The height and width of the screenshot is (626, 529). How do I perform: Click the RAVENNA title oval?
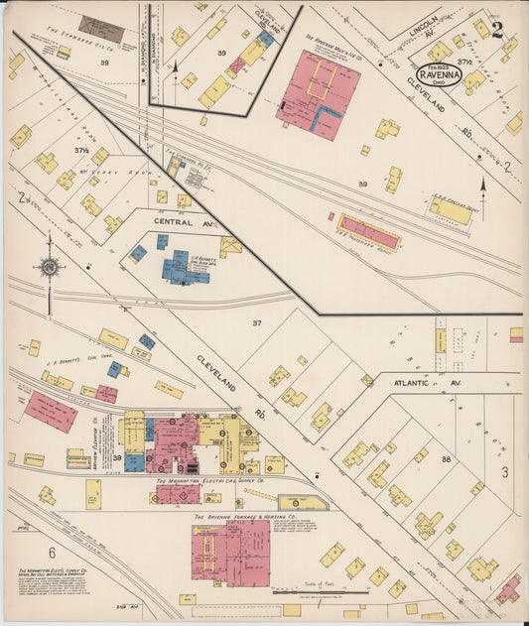click(x=438, y=75)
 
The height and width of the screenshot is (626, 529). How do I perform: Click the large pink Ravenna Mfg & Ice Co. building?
click(x=317, y=94)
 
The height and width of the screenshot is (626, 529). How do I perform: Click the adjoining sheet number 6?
click(x=52, y=552)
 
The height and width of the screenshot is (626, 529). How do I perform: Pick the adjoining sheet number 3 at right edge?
click(x=504, y=471)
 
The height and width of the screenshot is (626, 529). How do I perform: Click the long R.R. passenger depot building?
click(x=368, y=231)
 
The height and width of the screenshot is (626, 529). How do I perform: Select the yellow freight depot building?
click(x=451, y=209)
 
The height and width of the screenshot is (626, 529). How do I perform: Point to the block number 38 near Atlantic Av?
click(x=447, y=459)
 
